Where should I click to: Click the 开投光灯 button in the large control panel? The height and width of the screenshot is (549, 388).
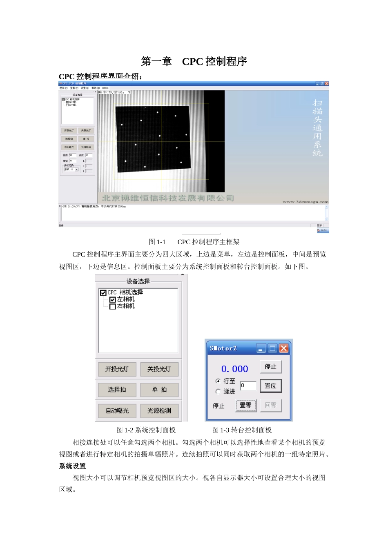click(117, 369)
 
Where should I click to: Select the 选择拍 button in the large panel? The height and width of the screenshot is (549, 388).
click(117, 390)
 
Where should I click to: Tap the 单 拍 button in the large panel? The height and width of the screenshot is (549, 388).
click(159, 390)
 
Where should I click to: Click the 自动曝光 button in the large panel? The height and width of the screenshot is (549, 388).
click(117, 411)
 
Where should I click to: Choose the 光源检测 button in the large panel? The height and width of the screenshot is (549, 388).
click(159, 411)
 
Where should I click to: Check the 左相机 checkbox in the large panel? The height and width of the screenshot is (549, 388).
click(113, 300)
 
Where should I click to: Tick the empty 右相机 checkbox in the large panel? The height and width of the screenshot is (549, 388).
click(113, 306)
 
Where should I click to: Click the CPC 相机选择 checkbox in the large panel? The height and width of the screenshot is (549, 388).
click(103, 293)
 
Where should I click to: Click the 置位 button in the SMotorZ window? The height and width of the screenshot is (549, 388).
click(270, 386)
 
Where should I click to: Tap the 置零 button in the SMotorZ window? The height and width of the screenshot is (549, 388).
click(246, 406)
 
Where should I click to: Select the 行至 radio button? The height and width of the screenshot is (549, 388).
click(218, 381)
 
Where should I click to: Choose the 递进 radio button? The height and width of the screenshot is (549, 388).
click(218, 391)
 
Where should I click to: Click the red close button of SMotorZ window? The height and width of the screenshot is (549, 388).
click(283, 348)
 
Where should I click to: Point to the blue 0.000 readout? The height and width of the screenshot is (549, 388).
click(234, 369)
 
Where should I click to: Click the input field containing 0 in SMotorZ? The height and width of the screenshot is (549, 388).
click(248, 386)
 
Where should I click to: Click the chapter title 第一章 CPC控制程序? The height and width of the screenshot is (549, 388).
click(194, 62)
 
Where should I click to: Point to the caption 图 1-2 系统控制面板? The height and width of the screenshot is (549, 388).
click(146, 430)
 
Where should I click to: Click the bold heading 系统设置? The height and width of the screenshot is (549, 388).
click(72, 466)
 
